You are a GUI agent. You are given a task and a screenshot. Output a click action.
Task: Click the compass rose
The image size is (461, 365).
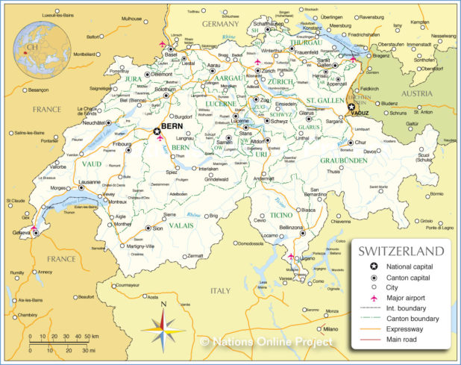[166, 325]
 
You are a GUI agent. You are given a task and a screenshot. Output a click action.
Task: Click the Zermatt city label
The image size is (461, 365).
[195, 256]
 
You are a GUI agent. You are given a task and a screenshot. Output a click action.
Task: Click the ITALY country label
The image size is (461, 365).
[222, 290]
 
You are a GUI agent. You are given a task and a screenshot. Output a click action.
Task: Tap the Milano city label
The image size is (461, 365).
[330, 328]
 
